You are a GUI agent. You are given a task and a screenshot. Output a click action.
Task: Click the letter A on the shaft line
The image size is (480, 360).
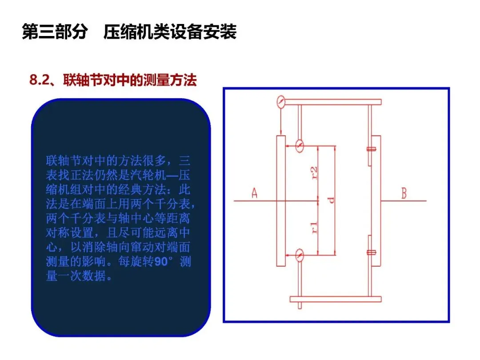(255, 194)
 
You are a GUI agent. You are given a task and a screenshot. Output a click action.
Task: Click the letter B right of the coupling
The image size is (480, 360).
(404, 194)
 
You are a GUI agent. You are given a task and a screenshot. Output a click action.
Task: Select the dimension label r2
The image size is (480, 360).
(315, 172)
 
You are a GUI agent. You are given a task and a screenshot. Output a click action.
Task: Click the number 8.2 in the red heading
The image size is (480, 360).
(38, 80)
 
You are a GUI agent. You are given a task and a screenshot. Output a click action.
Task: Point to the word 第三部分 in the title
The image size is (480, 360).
(54, 33)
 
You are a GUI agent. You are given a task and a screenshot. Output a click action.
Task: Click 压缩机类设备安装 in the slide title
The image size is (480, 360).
(170, 33)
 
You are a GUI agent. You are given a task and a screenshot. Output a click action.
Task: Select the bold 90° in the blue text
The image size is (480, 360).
(165, 262)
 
